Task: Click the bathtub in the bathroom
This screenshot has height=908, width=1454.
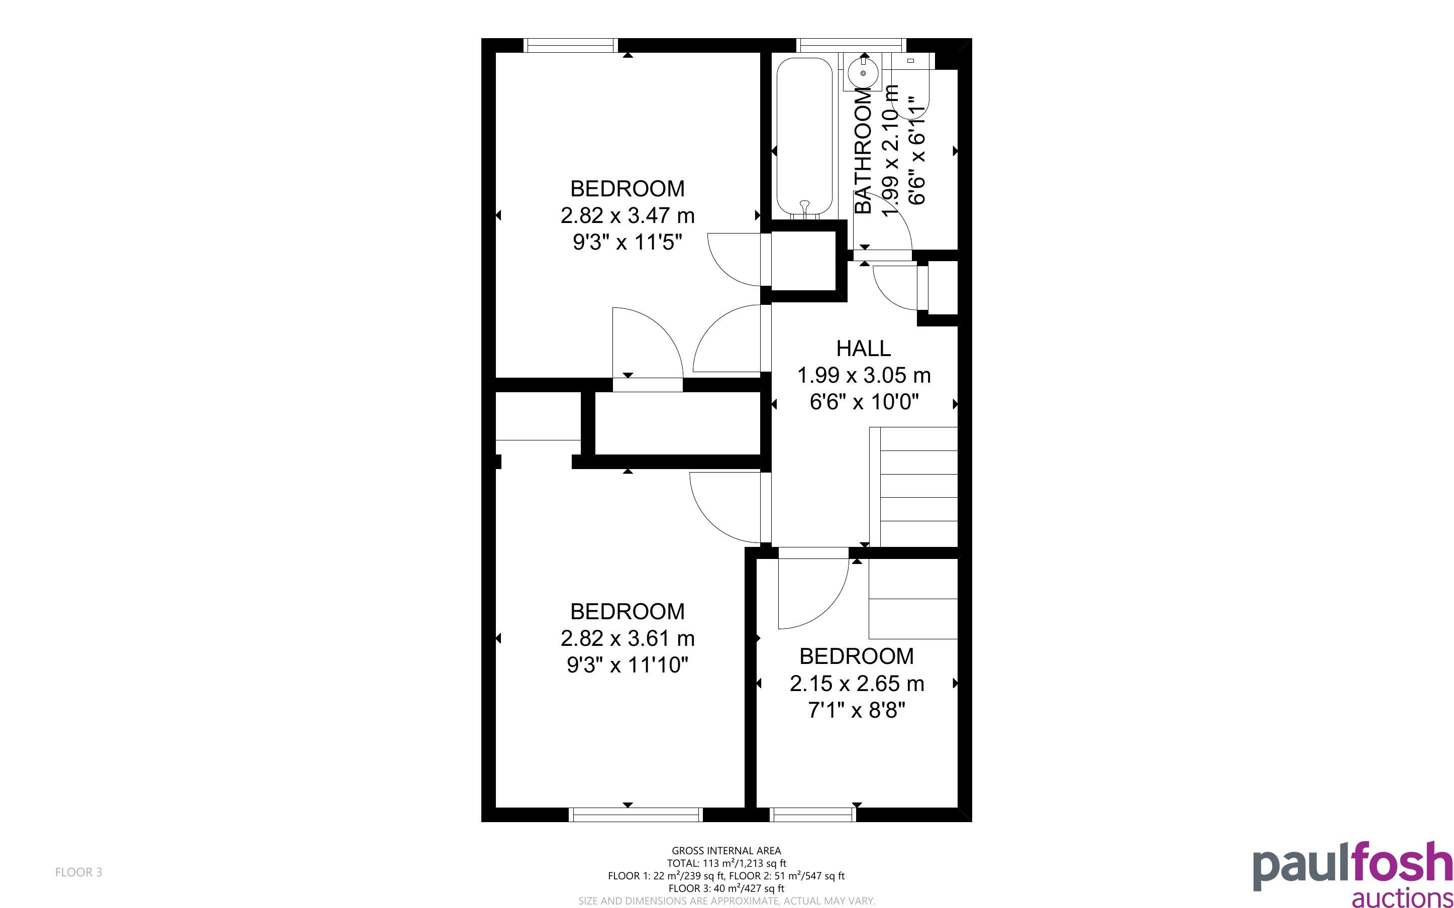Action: tap(805, 137)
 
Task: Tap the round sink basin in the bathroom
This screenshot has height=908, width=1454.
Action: tap(863, 73)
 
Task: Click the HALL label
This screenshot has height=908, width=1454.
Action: tap(863, 349)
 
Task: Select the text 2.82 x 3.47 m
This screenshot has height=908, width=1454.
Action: tap(628, 215)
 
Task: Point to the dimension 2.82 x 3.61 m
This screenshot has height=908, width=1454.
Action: tap(628, 638)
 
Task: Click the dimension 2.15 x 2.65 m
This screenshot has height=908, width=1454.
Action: tap(857, 684)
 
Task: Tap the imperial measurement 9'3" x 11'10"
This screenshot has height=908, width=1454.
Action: tap(628, 665)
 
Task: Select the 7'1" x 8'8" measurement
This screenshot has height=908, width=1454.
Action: tap(857, 711)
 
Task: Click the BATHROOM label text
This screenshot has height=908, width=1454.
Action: tap(863, 150)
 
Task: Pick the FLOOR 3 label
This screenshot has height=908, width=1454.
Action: tap(79, 872)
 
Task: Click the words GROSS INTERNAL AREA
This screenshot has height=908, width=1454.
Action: tap(726, 850)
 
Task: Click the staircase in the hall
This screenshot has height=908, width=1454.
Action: tap(913, 487)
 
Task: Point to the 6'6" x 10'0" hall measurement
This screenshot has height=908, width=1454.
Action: tap(864, 402)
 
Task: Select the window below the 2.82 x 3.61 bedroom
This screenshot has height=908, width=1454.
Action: tap(636, 814)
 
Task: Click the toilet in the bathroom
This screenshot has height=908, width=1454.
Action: tap(910, 84)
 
